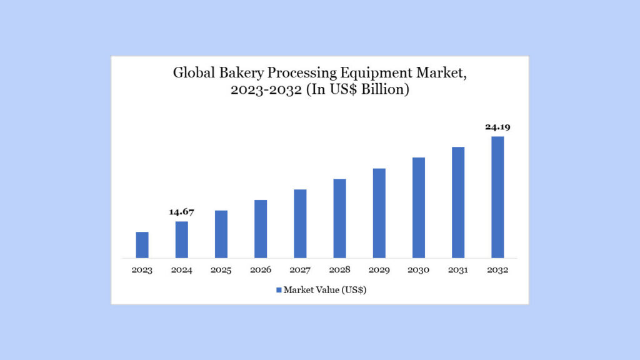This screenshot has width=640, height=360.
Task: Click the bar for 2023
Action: pyautogui.click(x=142, y=244)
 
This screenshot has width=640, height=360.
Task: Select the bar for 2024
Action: pyautogui.click(x=182, y=239)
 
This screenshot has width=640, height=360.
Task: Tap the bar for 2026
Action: pyautogui.click(x=261, y=229)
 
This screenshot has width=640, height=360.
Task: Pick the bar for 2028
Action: pyautogui.click(x=339, y=218)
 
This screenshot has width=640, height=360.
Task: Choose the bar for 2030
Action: pyautogui.click(x=419, y=207)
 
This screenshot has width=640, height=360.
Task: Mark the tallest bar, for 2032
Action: pyautogui.click(x=497, y=197)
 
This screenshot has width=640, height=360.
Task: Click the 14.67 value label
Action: pyautogui.click(x=182, y=212)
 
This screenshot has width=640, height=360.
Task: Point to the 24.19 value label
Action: pyautogui.click(x=497, y=127)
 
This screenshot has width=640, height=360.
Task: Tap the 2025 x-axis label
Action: pyautogui.click(x=221, y=271)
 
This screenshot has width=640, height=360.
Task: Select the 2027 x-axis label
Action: pyautogui.click(x=300, y=271)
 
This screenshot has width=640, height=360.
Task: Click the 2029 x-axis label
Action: pyautogui.click(x=379, y=271)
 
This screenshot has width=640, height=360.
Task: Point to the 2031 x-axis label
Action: pyautogui.click(x=458, y=271)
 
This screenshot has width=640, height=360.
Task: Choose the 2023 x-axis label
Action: pyautogui.click(x=142, y=271)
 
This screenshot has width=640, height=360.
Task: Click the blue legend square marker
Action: pyautogui.click(x=279, y=290)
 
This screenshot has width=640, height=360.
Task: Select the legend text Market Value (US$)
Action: pyautogui.click(x=325, y=290)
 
